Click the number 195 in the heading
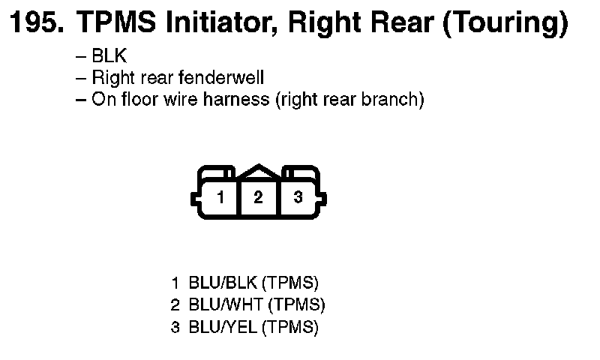point(33,25)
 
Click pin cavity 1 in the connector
point(220,198)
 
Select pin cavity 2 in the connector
point(259,198)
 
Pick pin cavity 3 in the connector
point(298,198)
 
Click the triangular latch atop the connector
point(259,172)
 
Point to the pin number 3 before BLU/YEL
point(175,328)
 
